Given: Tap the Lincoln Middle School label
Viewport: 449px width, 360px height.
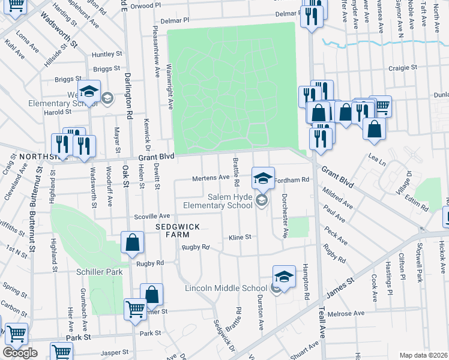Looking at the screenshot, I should pos(226,289).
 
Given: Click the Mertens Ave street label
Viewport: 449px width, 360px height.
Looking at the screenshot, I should pos(211,178).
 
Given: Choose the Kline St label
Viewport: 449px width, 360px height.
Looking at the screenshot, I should pos(240,238).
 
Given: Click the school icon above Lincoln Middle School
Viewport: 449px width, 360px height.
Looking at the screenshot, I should pos(284,277).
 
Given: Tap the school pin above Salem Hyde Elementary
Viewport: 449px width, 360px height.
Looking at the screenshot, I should pos(263,178).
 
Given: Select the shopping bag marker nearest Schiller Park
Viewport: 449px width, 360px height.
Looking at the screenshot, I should pos(133,243).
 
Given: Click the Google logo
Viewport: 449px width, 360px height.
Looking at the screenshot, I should pos(20,353).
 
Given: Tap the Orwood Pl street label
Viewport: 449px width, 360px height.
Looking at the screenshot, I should pos(148,4).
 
